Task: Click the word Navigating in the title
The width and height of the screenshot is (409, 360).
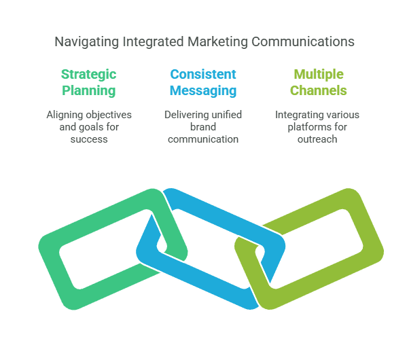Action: pos(86,42)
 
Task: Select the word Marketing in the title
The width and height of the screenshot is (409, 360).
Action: pos(217,42)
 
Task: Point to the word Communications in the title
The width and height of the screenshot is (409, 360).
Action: pos(303,42)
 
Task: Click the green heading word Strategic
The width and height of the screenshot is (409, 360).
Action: pos(88,74)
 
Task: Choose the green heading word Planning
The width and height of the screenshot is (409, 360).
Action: pos(88,90)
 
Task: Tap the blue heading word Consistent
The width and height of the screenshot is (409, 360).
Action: pos(204,74)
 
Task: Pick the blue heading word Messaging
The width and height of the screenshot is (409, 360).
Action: pos(204,90)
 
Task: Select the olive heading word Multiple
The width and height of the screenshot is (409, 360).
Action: pos(318,74)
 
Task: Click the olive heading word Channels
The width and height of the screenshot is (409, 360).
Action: pos(318,90)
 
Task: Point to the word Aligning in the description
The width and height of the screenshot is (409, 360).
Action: pos(65,115)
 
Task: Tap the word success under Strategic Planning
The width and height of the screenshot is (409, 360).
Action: pos(89,139)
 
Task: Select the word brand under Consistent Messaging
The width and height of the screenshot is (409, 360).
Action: pos(204,127)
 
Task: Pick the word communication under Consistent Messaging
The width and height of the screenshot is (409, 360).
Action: pos(204,139)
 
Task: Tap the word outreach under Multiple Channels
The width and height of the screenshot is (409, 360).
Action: pos(317,139)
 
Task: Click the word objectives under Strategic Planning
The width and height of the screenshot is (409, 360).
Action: pos(109,115)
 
